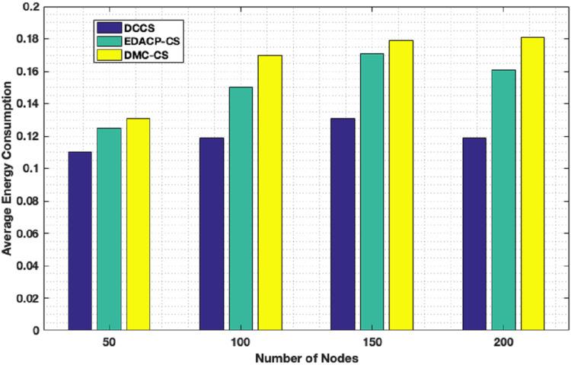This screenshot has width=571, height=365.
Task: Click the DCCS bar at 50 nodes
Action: coord(79,241)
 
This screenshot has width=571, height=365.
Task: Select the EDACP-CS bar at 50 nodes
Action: coord(109,229)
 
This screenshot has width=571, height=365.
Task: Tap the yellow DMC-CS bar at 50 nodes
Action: coord(138,224)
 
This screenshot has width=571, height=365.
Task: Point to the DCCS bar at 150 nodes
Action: coord(343,224)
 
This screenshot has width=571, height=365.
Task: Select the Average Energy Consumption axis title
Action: coord(8,169)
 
